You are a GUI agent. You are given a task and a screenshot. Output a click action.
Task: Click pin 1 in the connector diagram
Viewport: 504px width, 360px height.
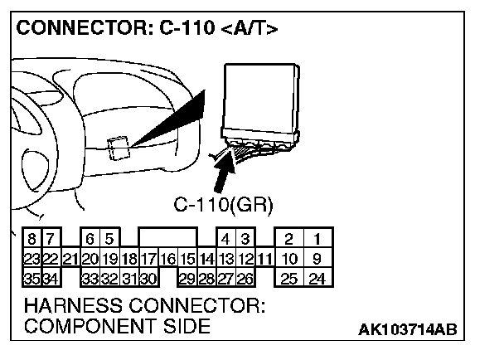[x=315, y=240]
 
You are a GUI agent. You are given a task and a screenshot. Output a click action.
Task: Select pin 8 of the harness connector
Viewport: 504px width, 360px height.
[x=31, y=240]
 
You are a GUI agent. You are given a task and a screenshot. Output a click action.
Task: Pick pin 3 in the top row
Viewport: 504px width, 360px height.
[x=245, y=240]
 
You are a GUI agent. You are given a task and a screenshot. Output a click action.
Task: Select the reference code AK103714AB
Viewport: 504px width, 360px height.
[x=407, y=331]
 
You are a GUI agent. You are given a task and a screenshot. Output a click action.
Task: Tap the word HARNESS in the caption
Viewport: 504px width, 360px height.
[x=71, y=307]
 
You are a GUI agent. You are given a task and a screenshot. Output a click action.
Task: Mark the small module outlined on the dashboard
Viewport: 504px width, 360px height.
[x=119, y=148]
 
